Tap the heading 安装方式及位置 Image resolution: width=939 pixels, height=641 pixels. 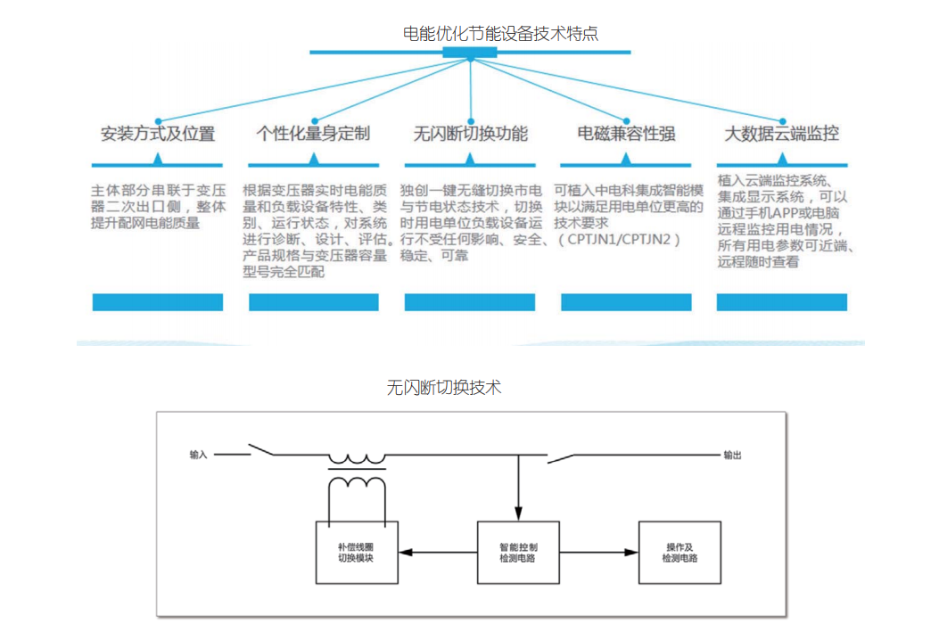click(157, 135)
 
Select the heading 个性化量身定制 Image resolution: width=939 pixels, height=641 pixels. click(313, 135)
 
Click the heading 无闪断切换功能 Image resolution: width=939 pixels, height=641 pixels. click(470, 135)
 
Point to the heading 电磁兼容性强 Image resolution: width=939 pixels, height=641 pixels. click(626, 135)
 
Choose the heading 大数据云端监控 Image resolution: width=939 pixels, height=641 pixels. click(781, 135)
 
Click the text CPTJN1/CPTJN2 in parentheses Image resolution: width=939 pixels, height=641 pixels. click(620, 240)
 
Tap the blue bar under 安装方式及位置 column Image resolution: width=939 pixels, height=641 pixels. click(158, 302)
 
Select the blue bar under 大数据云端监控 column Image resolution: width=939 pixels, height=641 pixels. click(782, 302)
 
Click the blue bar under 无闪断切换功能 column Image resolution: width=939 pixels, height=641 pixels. click(470, 302)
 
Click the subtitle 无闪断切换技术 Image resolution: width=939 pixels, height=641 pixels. click(444, 388)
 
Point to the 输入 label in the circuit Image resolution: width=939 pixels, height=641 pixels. click(198, 455)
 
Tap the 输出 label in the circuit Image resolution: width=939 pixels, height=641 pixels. click(732, 455)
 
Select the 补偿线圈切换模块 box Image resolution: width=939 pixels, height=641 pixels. click(357, 551)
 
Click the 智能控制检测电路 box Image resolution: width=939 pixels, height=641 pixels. click(518, 551)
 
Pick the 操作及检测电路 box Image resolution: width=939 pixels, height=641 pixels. click(680, 551)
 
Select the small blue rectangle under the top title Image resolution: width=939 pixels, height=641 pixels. click(470, 53)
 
